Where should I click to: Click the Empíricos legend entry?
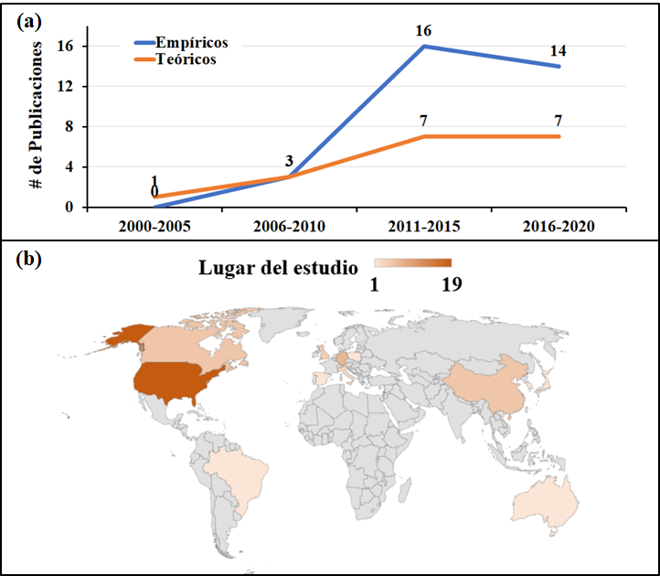click(191, 43)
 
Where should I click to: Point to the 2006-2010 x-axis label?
click(288, 224)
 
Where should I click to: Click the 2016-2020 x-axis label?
click(559, 224)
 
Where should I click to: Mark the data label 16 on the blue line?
click(423, 30)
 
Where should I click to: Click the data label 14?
click(559, 51)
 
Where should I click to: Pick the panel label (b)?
click(29, 260)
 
